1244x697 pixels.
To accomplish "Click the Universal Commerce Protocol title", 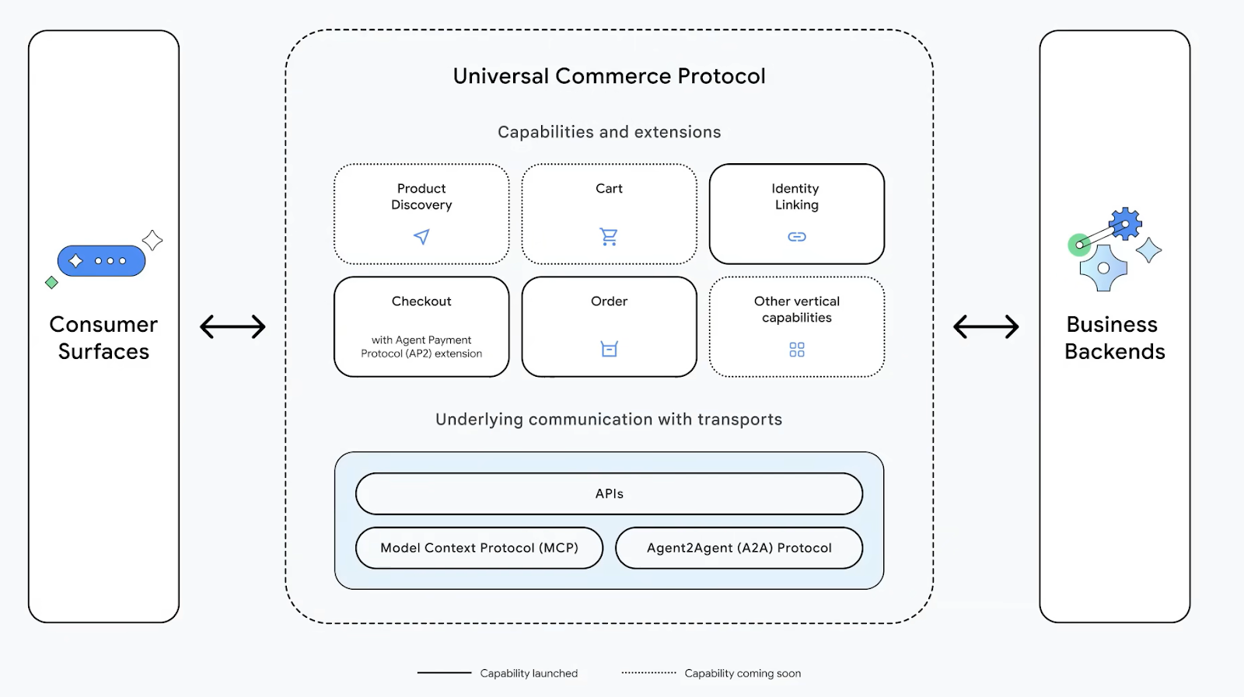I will pyautogui.click(x=609, y=76).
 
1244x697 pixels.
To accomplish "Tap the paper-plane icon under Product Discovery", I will pyautogui.click(x=421, y=237).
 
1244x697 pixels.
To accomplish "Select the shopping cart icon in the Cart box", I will pyautogui.click(x=609, y=236).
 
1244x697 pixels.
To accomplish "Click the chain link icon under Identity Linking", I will pyautogui.click(x=797, y=237).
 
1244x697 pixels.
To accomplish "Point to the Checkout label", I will pyautogui.click(x=421, y=301).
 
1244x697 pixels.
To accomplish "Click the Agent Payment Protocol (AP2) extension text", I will pyautogui.click(x=421, y=347).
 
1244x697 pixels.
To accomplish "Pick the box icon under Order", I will pyautogui.click(x=609, y=349).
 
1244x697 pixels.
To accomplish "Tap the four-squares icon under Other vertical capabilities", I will pyautogui.click(x=797, y=350).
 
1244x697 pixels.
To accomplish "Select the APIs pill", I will pyautogui.click(x=609, y=493).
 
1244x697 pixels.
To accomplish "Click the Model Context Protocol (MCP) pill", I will pyautogui.click(x=479, y=548).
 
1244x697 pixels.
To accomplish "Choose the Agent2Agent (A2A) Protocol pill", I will pyautogui.click(x=739, y=548).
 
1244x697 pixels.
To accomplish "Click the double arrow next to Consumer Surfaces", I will pyautogui.click(x=232, y=326).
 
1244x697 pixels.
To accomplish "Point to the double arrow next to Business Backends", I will pyautogui.click(x=986, y=326).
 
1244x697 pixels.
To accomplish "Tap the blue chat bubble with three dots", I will pyautogui.click(x=101, y=261).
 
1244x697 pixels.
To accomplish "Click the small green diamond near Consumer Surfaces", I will pyautogui.click(x=52, y=282).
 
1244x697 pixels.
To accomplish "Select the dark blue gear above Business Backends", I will pyautogui.click(x=1126, y=224).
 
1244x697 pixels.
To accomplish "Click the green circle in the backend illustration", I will pyautogui.click(x=1078, y=246).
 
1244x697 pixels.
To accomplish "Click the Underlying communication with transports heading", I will pyautogui.click(x=609, y=420).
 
